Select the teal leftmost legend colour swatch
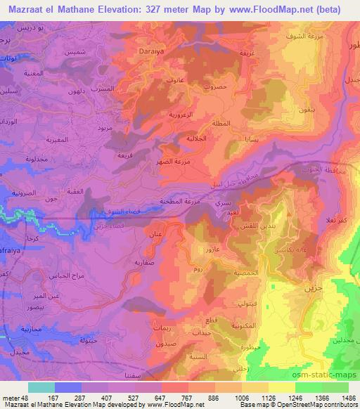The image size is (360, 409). (x=41, y=387)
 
